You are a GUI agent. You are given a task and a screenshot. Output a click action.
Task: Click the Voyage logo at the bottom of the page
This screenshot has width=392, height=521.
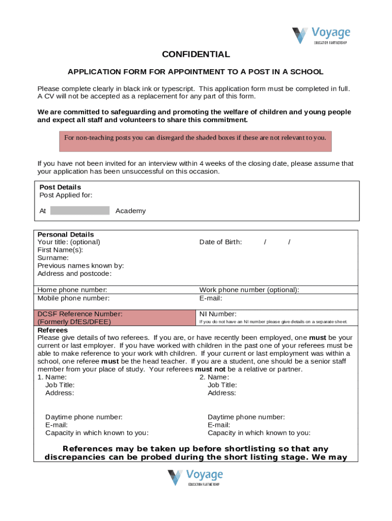pyautogui.click(x=195, y=478)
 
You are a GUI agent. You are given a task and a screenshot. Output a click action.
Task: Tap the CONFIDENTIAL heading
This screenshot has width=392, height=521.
pyautogui.click(x=195, y=54)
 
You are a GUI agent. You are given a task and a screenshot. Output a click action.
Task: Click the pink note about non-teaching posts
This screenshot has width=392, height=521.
pyautogui.click(x=195, y=138)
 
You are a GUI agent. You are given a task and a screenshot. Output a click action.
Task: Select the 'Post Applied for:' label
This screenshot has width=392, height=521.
pyautogui.click(x=66, y=195)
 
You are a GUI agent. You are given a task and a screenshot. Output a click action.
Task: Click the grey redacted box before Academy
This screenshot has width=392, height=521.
pyautogui.click(x=80, y=211)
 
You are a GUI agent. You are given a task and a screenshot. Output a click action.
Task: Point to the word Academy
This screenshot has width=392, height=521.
pyautogui.click(x=130, y=211)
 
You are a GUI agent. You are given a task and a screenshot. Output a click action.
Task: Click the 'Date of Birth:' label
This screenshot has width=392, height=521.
pyautogui.click(x=220, y=242)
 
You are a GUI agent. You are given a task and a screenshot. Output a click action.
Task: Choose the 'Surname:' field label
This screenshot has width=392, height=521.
pyautogui.click(x=53, y=258)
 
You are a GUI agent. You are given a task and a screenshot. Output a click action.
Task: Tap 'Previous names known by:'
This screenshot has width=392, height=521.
pyautogui.click(x=80, y=266)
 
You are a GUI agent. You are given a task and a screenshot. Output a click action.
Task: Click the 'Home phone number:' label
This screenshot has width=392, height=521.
pyautogui.click(x=72, y=290)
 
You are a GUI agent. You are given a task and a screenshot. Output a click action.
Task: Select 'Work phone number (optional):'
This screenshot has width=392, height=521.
pyautogui.click(x=249, y=290)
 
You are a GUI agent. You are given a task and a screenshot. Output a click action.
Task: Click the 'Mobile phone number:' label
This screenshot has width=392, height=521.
pyautogui.click(x=73, y=298)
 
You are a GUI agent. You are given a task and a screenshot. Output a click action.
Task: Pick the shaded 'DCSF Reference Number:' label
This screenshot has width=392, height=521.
pyautogui.click(x=79, y=314)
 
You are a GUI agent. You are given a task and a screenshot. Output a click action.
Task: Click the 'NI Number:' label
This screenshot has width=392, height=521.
pyautogui.click(x=217, y=314)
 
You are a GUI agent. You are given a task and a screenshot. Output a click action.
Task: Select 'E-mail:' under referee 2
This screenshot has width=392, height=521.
pyautogui.click(x=218, y=425)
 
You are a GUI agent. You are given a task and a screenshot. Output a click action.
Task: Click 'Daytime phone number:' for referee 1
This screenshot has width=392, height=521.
pyautogui.click(x=83, y=417)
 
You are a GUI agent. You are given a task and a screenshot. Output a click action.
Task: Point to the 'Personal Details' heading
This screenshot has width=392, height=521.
pyautogui.click(x=66, y=235)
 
